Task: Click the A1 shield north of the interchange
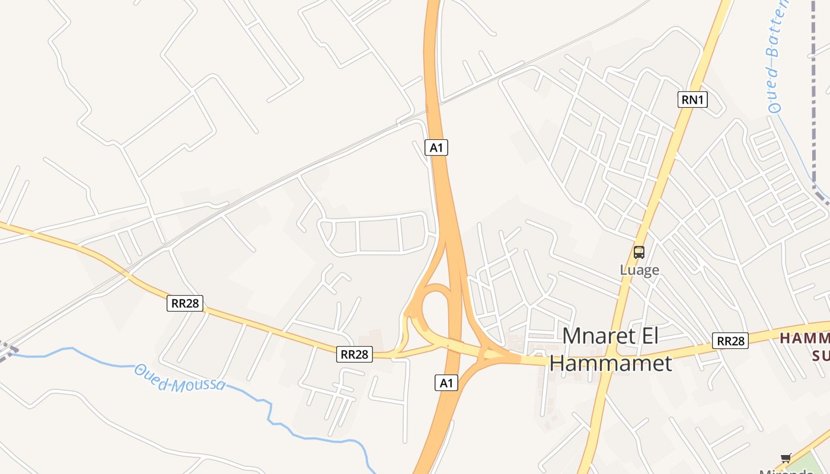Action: pyautogui.click(x=436, y=148)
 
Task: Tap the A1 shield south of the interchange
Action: pyautogui.click(x=446, y=383)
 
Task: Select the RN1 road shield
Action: pyautogui.click(x=692, y=100)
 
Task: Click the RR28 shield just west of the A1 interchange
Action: pyautogui.click(x=355, y=354)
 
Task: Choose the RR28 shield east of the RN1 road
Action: pyautogui.click(x=730, y=341)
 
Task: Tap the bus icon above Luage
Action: pyautogui.click(x=639, y=252)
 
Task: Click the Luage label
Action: pyautogui.click(x=639, y=270)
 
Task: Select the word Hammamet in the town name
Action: pyautogui.click(x=611, y=363)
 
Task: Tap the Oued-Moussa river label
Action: pyautogui.click(x=180, y=377)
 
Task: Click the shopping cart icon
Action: pyautogui.click(x=786, y=457)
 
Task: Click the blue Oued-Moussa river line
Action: pyautogui.click(x=89, y=352)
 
